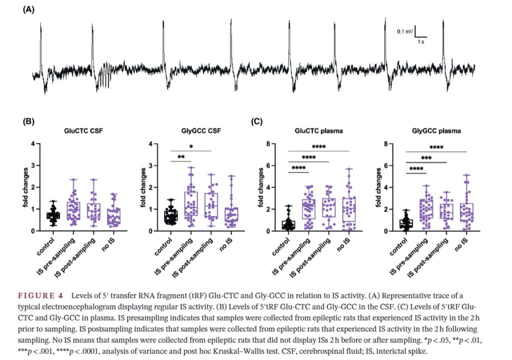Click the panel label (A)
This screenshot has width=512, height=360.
point(28,9)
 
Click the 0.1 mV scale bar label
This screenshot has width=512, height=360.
point(405,31)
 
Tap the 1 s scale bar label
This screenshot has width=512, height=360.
point(421,42)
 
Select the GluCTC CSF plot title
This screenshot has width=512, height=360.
point(83,130)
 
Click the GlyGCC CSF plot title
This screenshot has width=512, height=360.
point(201,130)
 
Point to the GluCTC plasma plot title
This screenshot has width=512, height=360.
point(318,130)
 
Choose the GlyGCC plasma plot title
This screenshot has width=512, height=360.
point(436,131)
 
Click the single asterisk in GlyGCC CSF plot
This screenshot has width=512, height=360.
point(191,146)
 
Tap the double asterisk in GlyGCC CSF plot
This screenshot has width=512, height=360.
point(181,157)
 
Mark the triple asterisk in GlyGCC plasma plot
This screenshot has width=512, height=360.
point(426,158)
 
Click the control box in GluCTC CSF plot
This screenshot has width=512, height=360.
point(53,215)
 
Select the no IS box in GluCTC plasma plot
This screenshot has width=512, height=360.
point(349,209)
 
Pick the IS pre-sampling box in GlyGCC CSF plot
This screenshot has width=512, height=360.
point(191,203)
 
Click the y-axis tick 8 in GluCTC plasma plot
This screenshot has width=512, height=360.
point(268,143)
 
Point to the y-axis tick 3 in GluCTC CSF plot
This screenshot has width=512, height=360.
point(32,165)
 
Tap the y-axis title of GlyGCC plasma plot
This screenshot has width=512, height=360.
point(378,187)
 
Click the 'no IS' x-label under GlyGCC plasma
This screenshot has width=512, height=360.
point(461,244)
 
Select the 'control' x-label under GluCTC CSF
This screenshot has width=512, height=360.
point(45,246)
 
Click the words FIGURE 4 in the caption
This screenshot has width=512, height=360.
point(40,296)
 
